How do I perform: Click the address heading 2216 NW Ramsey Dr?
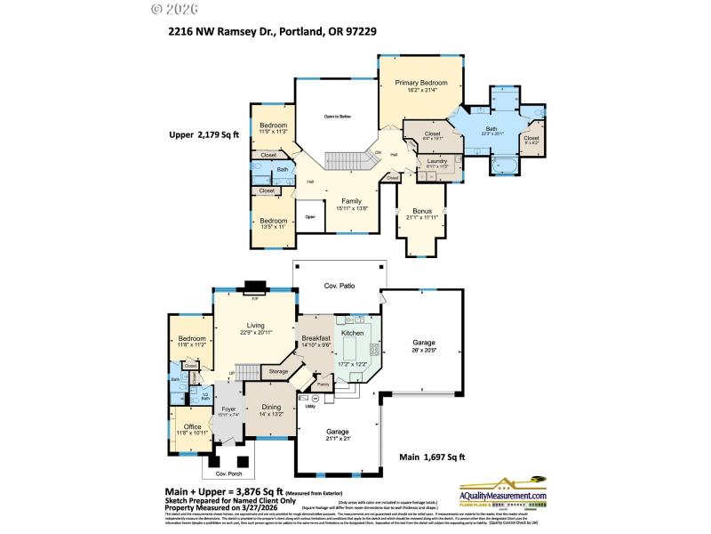(276, 31)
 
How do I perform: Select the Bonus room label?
(421, 213)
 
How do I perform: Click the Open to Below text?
(337, 117)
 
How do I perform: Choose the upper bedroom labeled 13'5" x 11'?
(273, 223)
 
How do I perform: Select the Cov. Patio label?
(339, 287)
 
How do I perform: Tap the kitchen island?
(354, 342)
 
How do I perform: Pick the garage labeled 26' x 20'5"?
(423, 345)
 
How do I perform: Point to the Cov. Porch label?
(230, 473)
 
